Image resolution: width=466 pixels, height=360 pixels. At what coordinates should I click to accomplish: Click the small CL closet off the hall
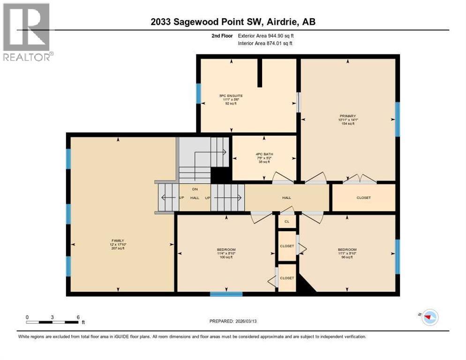pos(286,221)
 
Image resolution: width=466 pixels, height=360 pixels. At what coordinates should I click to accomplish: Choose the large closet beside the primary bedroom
pos(363,198)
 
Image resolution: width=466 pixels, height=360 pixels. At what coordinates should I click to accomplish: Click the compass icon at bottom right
pos(429,317)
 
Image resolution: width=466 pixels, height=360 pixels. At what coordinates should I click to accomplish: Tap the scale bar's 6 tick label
pos(78,317)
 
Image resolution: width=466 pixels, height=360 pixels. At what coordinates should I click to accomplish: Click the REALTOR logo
pos(27,32)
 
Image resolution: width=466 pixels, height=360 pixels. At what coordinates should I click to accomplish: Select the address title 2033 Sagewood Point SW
pos(233,22)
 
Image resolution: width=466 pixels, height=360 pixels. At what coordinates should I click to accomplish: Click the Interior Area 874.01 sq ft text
pos(265,44)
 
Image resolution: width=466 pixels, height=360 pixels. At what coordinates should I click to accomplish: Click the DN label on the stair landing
pos(195,189)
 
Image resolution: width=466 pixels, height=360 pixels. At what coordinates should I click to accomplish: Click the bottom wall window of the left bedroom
pos(226,294)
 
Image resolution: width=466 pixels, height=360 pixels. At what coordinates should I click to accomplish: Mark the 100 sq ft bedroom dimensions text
pos(226,254)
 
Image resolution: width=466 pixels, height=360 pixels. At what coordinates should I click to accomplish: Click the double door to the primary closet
pos(360,179)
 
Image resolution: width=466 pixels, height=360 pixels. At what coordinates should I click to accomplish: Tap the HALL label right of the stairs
pos(286,198)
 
